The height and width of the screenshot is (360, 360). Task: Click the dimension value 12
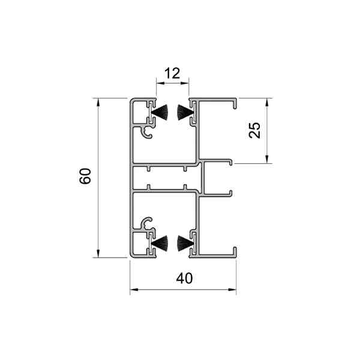172,73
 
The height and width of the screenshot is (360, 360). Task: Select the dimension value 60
85,176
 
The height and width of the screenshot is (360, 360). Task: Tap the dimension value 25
254,130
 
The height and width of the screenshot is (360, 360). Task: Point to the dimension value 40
184,278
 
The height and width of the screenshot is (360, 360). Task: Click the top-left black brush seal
160,113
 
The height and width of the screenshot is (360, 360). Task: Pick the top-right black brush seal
185,113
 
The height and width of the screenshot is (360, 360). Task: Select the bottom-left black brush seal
160,243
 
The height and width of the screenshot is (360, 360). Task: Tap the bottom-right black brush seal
185,243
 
